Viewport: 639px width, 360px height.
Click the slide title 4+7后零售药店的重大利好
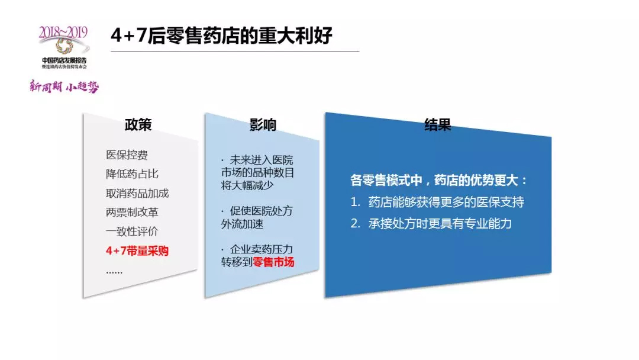pyautogui.click(x=221, y=36)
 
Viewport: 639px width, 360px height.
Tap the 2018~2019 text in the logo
pyautogui.click(x=63, y=32)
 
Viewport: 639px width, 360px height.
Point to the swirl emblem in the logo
pyautogui.click(x=64, y=46)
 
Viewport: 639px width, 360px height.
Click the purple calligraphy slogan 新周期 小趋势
pyautogui.click(x=64, y=86)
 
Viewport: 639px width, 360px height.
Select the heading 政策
pyautogui.click(x=138, y=125)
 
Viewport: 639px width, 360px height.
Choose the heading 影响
pyautogui.click(x=263, y=125)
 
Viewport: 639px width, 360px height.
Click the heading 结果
pyautogui.click(x=438, y=125)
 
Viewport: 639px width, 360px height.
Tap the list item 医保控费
pyautogui.click(x=127, y=155)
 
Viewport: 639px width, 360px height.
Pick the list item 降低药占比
pyautogui.click(x=132, y=174)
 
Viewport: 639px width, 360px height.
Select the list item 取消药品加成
pyautogui.click(x=137, y=193)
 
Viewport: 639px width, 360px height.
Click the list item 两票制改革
pyautogui.click(x=132, y=213)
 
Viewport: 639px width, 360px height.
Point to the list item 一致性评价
pyautogui.click(x=132, y=232)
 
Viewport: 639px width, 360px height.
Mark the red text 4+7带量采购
pyautogui.click(x=137, y=250)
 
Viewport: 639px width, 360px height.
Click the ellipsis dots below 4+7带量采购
pyautogui.click(x=114, y=272)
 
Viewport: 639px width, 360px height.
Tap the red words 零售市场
pyautogui.click(x=273, y=262)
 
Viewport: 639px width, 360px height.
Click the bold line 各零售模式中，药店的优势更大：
pyautogui.click(x=439, y=180)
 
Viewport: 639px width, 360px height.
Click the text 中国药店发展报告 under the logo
pyautogui.click(x=64, y=60)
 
